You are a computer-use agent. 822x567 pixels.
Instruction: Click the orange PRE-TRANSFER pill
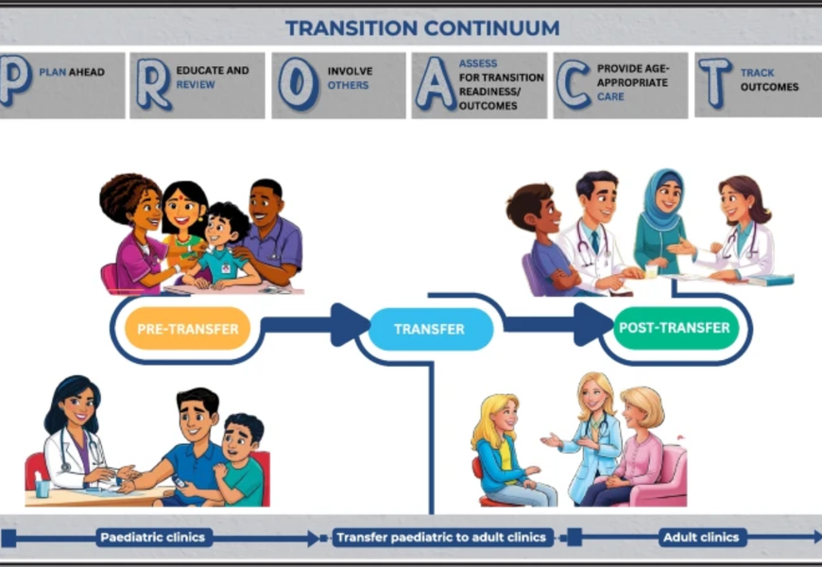(188, 328)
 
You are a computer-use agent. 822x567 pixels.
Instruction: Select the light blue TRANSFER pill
(431, 329)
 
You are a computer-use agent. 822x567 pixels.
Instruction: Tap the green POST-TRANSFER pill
(676, 328)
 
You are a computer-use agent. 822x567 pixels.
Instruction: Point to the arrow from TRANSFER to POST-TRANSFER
(558, 324)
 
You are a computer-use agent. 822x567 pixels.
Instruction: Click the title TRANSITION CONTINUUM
(422, 27)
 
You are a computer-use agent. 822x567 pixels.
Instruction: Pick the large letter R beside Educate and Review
(154, 84)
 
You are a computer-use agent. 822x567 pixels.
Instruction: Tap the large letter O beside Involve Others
(299, 84)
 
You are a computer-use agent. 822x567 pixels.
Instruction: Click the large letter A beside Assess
(436, 84)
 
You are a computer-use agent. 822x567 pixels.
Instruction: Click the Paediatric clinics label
(152, 538)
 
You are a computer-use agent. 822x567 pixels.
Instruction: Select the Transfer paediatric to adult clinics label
(441, 538)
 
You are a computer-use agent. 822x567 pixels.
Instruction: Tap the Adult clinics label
(701, 538)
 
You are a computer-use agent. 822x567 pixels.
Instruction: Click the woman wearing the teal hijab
(661, 223)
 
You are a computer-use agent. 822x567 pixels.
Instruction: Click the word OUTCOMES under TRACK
(769, 87)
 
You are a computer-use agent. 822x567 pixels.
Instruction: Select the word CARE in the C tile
(610, 96)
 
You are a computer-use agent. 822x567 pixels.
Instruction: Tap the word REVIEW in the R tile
(196, 84)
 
